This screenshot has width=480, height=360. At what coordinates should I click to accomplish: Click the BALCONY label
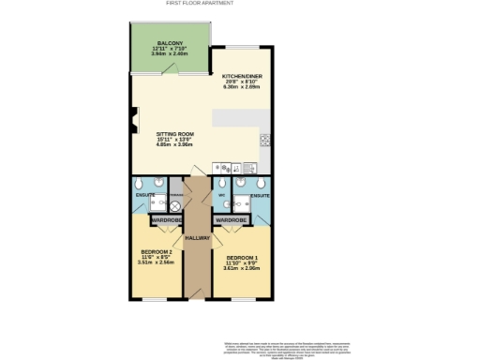click(170, 43)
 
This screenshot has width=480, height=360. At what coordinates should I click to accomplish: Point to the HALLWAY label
click(197, 237)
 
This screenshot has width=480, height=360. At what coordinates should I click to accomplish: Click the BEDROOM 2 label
click(156, 253)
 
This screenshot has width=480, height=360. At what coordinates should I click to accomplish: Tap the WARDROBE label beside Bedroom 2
click(167, 220)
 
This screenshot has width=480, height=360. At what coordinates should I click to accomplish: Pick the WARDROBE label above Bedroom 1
click(231, 220)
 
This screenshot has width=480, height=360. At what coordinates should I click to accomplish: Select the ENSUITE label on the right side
click(260, 196)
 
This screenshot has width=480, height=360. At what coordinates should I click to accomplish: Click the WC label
click(219, 196)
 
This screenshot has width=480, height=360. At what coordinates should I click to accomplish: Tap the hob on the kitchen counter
click(264, 142)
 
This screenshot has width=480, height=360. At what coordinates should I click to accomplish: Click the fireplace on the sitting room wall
click(135, 120)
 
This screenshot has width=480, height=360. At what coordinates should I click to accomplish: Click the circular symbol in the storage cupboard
click(174, 205)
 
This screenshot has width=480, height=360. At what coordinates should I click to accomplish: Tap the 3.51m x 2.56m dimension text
click(156, 262)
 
